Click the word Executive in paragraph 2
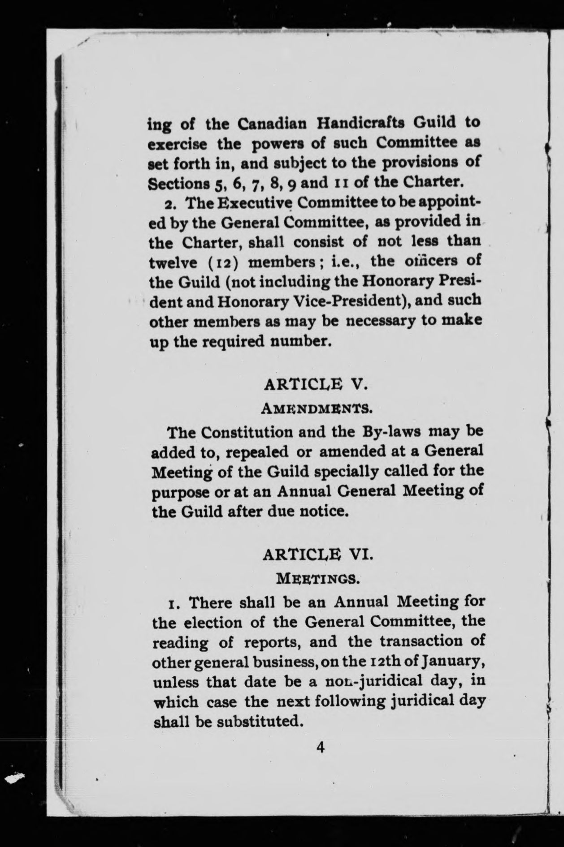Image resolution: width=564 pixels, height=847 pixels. click(255, 203)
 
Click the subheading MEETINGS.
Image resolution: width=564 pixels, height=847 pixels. click(317, 578)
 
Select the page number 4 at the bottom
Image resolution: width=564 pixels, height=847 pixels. click(319, 747)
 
